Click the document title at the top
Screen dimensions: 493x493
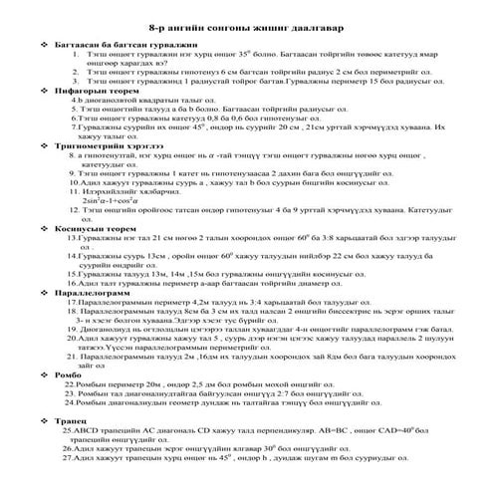click(x=246, y=30)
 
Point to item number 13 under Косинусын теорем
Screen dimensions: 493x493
click(x=71, y=240)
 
